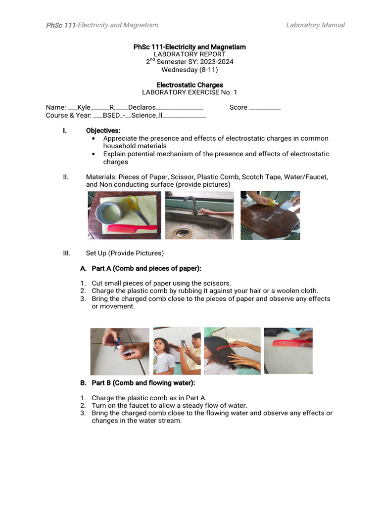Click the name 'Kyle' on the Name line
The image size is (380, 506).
point(84,107)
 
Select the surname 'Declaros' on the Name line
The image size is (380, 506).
point(142,107)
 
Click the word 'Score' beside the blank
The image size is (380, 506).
point(238,107)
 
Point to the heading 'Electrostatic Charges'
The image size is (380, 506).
point(190,85)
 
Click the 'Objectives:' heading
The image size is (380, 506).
point(103,130)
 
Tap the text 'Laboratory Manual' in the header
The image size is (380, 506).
point(315,25)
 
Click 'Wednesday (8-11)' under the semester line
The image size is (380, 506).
point(190,69)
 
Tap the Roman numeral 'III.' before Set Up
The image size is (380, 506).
point(67,253)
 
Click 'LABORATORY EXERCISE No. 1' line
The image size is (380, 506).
point(190,92)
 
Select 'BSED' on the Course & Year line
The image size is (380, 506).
point(112,115)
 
